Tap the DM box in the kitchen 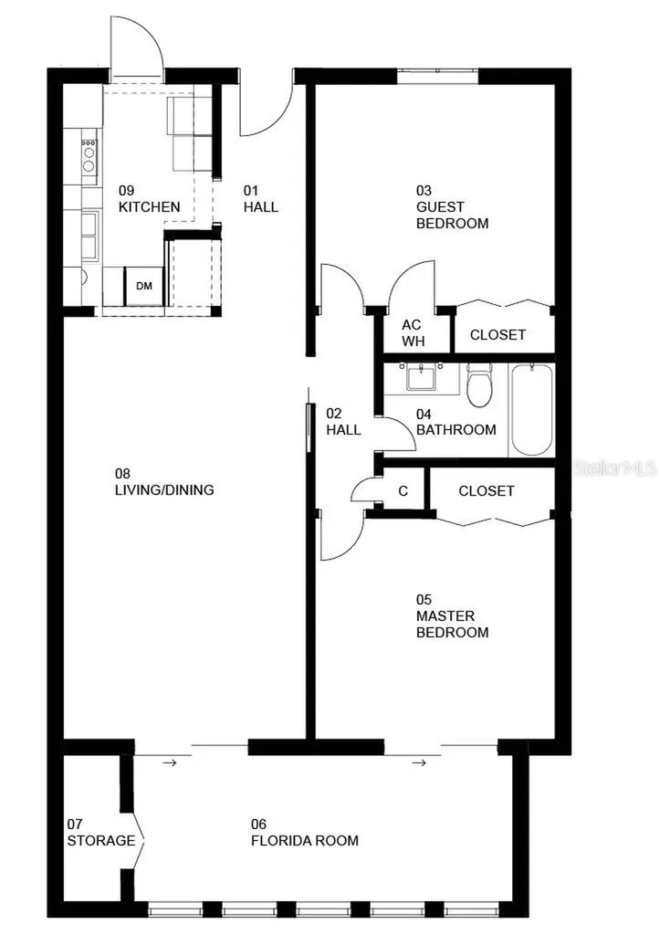(x=143, y=287)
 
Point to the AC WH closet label (x=412, y=333)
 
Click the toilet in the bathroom (x=479, y=385)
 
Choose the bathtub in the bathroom (x=530, y=410)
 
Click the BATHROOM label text (x=456, y=429)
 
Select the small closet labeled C (x=403, y=491)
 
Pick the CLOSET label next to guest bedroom (x=498, y=335)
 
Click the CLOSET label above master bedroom (x=486, y=491)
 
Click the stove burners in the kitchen (x=89, y=154)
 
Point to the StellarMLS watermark (x=614, y=468)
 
